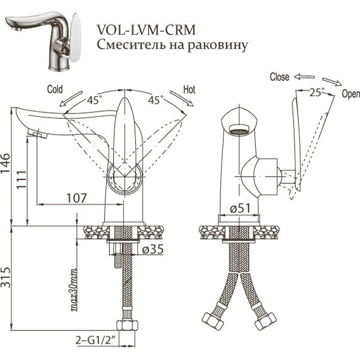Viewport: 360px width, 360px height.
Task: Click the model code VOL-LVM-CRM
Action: click(x=146, y=30)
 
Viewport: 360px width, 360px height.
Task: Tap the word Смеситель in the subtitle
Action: click(x=131, y=45)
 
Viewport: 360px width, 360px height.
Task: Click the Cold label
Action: click(x=55, y=89)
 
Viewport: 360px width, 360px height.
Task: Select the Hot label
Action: click(x=189, y=90)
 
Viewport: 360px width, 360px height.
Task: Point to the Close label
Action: click(x=279, y=77)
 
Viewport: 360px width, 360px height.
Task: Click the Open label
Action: click(x=351, y=93)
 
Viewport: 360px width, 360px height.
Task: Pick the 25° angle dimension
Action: click(x=317, y=92)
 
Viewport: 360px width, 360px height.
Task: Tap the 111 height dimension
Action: click(x=22, y=180)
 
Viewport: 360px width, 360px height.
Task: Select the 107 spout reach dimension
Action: click(x=76, y=198)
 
